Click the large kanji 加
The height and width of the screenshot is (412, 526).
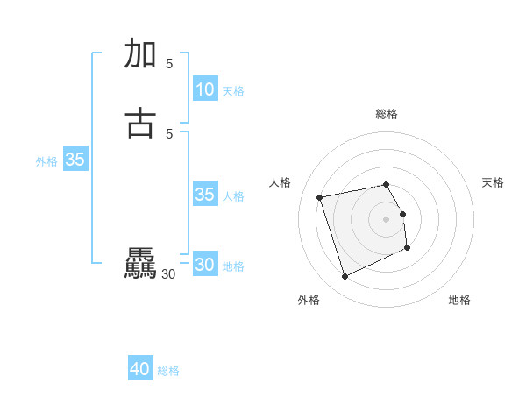coord(141,54)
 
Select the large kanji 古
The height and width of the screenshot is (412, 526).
coord(141,124)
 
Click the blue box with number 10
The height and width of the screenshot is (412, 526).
coord(204,89)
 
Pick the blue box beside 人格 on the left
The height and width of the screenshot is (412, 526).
coord(204,195)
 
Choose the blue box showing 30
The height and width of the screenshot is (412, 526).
coord(204,265)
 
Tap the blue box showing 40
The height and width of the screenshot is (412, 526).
coord(140,370)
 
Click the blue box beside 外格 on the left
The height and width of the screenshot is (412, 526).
coord(75,160)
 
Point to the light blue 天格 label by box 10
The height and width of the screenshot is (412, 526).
coord(233,91)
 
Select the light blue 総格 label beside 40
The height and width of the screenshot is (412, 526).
coord(168,371)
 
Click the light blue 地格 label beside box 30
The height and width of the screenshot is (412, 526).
coord(233,266)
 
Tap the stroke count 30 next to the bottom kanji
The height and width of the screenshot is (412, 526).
coord(168,274)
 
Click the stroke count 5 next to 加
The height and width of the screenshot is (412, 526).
coord(169,63)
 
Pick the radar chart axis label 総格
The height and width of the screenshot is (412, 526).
coord(387,114)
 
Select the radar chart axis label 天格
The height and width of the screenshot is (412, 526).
coord(493,182)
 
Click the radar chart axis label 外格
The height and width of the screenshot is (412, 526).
coord(309,301)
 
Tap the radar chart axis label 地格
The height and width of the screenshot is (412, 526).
coord(459,301)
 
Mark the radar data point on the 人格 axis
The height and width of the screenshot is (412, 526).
coord(320,196)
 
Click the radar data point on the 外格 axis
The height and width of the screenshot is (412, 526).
coord(345,277)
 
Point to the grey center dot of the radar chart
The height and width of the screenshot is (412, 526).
coord(387,218)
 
